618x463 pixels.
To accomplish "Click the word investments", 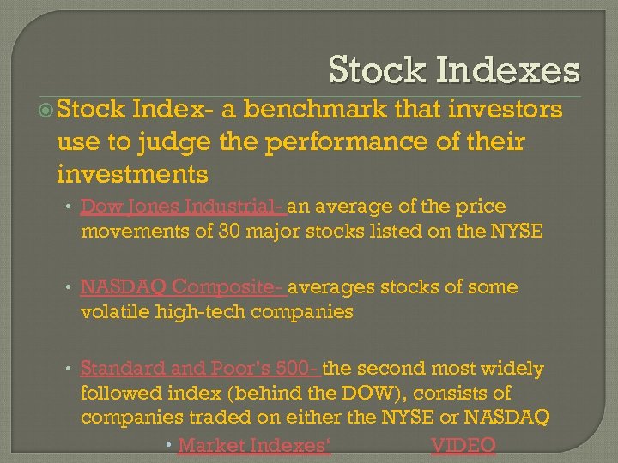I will tap(131, 174).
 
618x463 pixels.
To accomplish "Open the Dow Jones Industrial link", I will tap(184, 207).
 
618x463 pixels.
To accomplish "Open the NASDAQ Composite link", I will tap(184, 287).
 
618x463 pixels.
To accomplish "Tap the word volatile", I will tap(116, 311).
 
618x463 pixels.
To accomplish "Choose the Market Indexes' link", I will tap(254, 445).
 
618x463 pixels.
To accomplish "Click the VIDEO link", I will tap(463, 445).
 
